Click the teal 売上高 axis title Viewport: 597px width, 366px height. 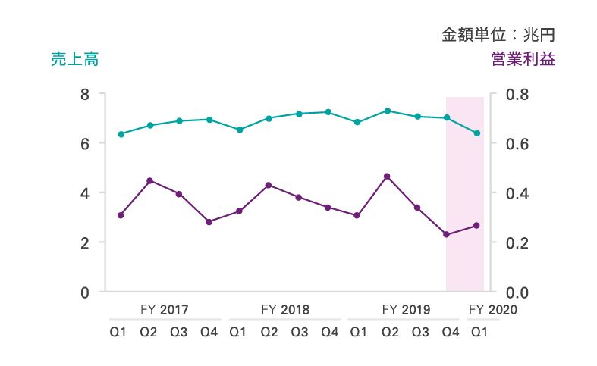pyautogui.click(x=74, y=60)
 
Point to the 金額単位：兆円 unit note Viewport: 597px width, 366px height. pyautogui.click(x=499, y=34)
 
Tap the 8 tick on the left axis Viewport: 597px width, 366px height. pyautogui.click(x=85, y=94)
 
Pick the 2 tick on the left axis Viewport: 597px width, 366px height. pyautogui.click(x=85, y=242)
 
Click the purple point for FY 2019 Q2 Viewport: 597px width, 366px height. pyautogui.click(x=388, y=177)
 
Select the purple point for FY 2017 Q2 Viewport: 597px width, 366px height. pyautogui.click(x=150, y=180)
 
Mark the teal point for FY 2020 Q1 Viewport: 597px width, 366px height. pyautogui.click(x=477, y=133)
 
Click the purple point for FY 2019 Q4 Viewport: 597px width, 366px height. pyautogui.click(x=447, y=235)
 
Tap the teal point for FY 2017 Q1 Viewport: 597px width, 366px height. pyautogui.click(x=121, y=134)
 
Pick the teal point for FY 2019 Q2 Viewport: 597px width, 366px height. pyautogui.click(x=388, y=111)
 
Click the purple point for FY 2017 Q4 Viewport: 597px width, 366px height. pyautogui.click(x=209, y=222)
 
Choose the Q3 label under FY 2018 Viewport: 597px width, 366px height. pyautogui.click(x=299, y=332)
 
